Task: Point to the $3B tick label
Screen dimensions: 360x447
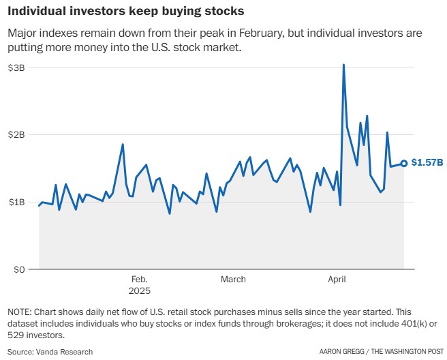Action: [17, 67]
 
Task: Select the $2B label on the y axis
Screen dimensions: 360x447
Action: [17, 135]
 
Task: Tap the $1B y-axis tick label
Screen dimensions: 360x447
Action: [17, 202]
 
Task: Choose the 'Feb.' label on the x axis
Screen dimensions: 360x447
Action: [139, 279]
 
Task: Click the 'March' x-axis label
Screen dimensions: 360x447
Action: [233, 279]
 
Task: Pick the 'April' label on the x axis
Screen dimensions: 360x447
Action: [337, 279]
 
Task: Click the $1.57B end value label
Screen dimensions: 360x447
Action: [428, 163]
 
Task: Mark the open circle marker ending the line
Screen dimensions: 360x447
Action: [404, 163]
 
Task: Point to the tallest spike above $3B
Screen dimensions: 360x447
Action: [343, 65]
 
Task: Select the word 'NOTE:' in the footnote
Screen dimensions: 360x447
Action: [20, 312]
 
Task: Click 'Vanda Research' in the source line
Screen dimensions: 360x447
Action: [65, 352]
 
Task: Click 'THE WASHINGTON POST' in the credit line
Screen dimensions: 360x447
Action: [407, 352]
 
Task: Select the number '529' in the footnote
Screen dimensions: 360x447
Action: [16, 336]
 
